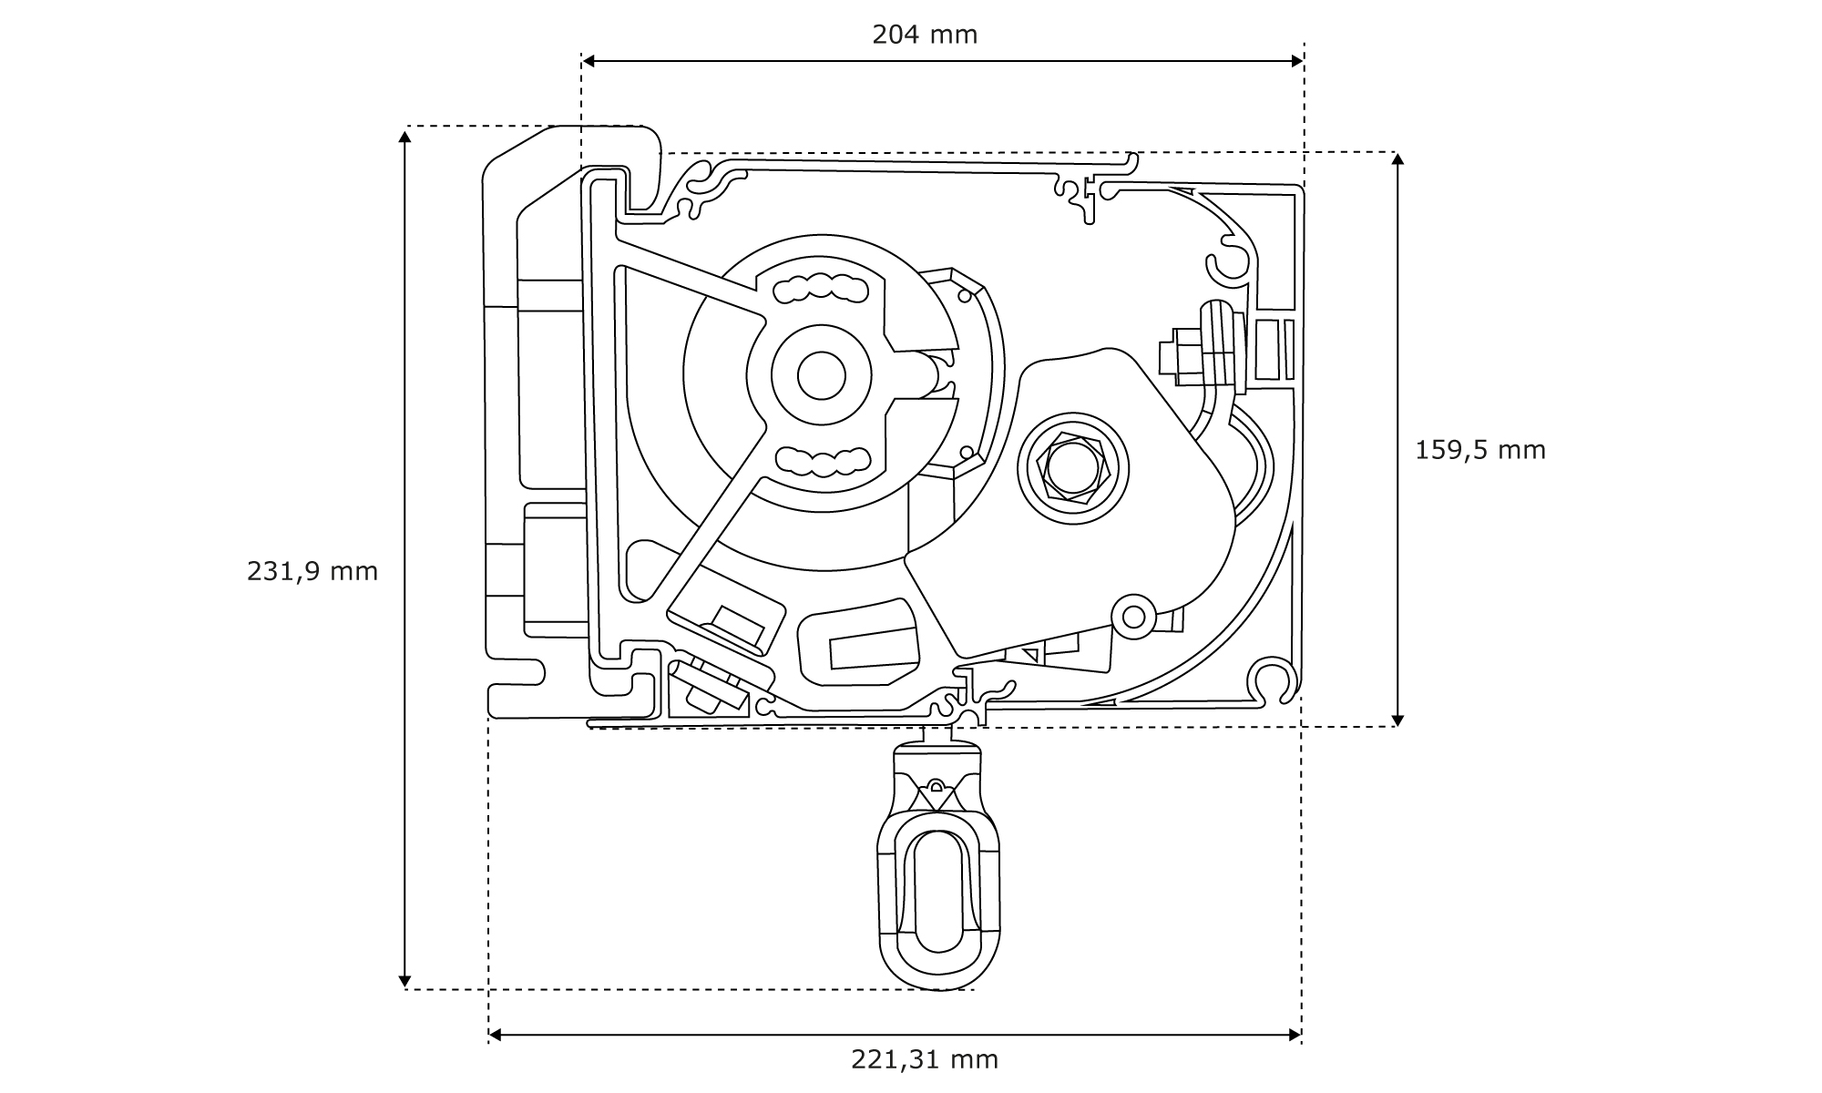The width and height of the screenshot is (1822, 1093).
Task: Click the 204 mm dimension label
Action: (925, 35)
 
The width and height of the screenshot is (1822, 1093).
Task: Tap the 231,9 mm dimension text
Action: (312, 571)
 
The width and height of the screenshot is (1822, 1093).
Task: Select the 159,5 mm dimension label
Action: (1480, 450)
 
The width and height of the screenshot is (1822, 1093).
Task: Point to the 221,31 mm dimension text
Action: (925, 1059)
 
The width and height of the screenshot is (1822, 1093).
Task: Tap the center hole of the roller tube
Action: (822, 374)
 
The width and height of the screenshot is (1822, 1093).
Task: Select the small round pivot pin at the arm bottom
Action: (1134, 617)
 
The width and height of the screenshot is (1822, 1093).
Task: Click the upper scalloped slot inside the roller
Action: (821, 289)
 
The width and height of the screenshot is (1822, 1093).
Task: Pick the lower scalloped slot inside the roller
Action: (821, 462)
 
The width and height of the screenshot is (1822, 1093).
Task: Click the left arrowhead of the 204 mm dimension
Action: (589, 61)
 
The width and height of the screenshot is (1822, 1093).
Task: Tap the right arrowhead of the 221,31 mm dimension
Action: (1295, 1035)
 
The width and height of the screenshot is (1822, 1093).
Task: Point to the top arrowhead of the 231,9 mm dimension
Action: (404, 136)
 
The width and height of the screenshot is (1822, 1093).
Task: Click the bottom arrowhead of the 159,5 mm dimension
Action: (1398, 720)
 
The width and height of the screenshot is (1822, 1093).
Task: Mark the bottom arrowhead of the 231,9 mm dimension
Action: (404, 981)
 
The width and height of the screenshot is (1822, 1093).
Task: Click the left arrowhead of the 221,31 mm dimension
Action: (496, 1035)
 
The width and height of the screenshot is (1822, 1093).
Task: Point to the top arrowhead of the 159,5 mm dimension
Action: (1398, 159)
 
